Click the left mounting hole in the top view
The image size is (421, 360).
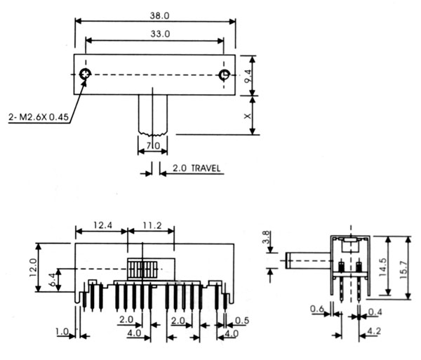coord(85,74)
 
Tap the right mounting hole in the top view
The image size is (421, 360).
coord(225,74)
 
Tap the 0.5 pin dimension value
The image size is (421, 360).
coord(241,321)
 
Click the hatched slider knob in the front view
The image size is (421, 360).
coord(142,269)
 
